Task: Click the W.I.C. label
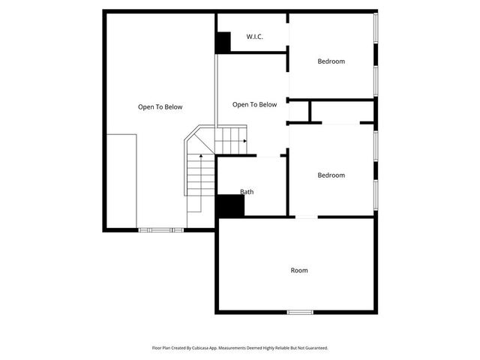[254, 37]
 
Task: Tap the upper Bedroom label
[331, 61]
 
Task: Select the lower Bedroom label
[331, 175]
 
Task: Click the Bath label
[247, 192]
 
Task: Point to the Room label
[299, 270]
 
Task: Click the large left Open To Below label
[160, 107]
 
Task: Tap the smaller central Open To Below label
[254, 105]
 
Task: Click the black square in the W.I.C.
[223, 43]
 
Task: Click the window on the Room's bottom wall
[300, 312]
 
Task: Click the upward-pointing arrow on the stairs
[200, 157]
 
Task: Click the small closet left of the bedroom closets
[299, 112]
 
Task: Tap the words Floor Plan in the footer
[162, 348]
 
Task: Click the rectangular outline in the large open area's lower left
[121, 181]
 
